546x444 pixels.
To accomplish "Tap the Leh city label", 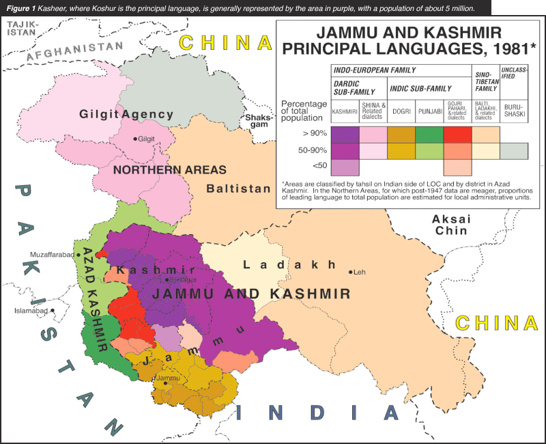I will pyautogui.click(x=360, y=273).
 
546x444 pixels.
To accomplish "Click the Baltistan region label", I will pyautogui.click(x=240, y=188).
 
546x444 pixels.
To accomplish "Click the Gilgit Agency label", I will pyautogui.click(x=121, y=113).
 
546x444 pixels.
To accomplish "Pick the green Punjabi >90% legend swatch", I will pyautogui.click(x=429, y=135).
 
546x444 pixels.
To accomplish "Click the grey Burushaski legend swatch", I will pyautogui.click(x=514, y=151).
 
